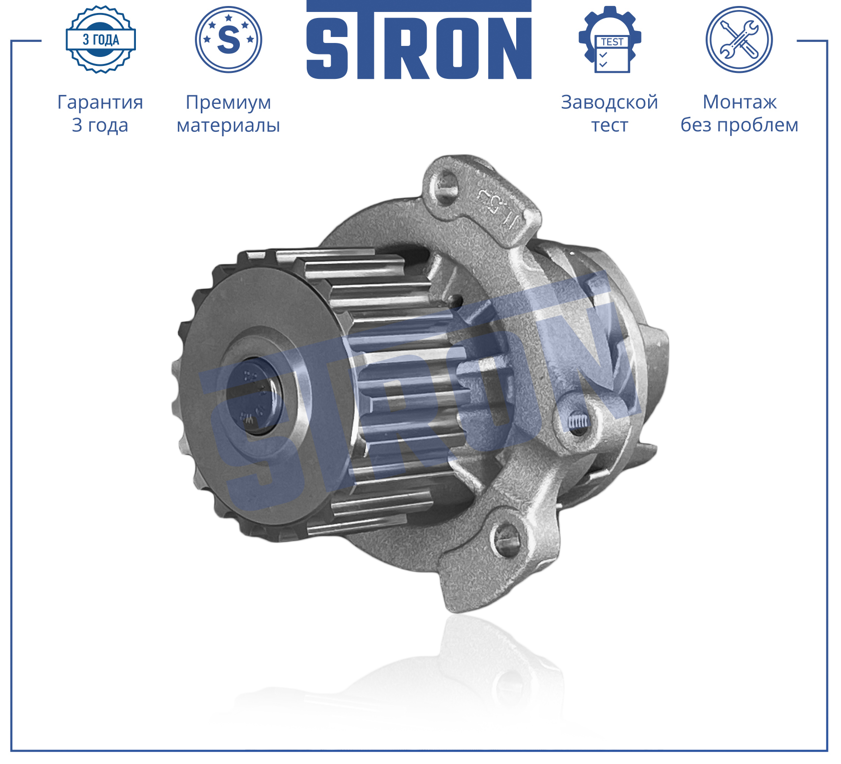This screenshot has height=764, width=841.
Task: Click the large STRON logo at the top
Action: tap(419, 40)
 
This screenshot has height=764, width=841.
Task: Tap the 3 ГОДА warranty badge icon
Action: tap(100, 39)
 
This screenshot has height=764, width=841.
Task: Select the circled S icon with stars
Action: tap(228, 39)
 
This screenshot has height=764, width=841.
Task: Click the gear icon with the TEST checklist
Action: tap(610, 39)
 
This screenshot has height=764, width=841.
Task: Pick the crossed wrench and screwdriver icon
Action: tap(739, 39)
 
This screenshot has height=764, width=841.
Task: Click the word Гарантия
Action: tap(100, 102)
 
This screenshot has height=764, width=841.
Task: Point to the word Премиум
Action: tap(228, 103)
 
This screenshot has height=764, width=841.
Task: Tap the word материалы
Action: tap(228, 125)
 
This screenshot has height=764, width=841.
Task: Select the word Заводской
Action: tap(610, 102)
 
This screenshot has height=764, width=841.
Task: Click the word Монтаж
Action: tap(740, 102)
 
